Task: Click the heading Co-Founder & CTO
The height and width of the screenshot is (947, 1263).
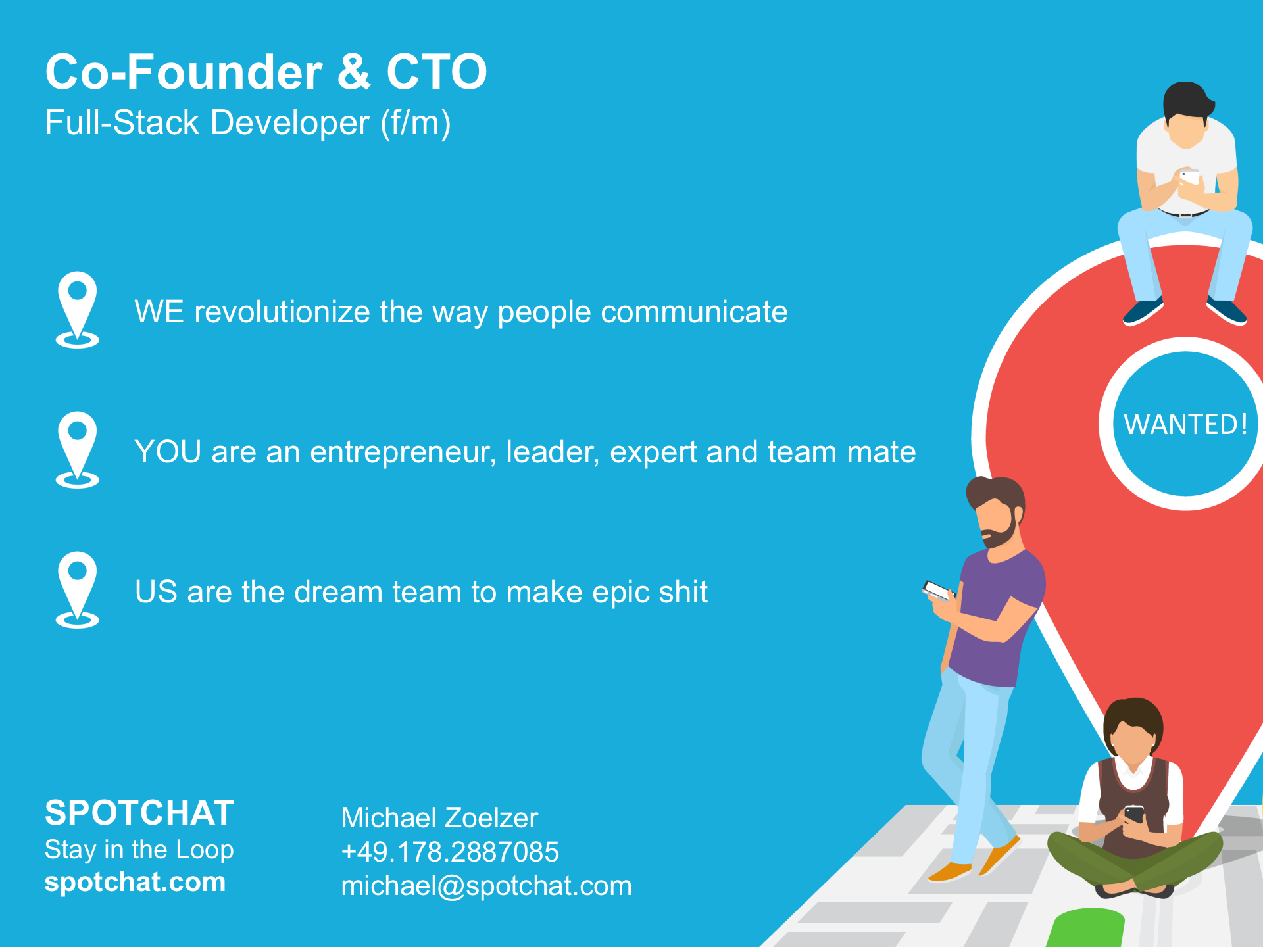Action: [x=266, y=72]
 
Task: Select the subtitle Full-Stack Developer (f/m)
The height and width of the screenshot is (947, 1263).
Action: [x=248, y=123]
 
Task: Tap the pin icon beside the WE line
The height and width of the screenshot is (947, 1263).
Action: [x=78, y=309]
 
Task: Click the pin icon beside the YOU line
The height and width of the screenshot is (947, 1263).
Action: [x=78, y=449]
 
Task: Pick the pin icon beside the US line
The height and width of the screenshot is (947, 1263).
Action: [x=78, y=589]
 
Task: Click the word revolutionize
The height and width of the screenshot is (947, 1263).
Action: [x=282, y=312]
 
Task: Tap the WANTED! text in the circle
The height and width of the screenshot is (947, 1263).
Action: [x=1185, y=424]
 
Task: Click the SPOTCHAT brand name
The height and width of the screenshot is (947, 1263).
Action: [x=139, y=813]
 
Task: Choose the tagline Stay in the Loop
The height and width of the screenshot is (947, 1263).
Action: [x=139, y=850]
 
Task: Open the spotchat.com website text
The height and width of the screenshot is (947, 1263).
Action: [x=135, y=882]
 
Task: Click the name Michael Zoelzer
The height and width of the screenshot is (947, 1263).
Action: [x=439, y=818]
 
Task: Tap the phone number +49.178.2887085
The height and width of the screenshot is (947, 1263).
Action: [x=450, y=852]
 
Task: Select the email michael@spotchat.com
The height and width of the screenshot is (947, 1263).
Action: [x=486, y=886]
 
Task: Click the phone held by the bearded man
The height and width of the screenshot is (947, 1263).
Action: [x=937, y=591]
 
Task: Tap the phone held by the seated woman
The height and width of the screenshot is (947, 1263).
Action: [x=1134, y=814]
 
